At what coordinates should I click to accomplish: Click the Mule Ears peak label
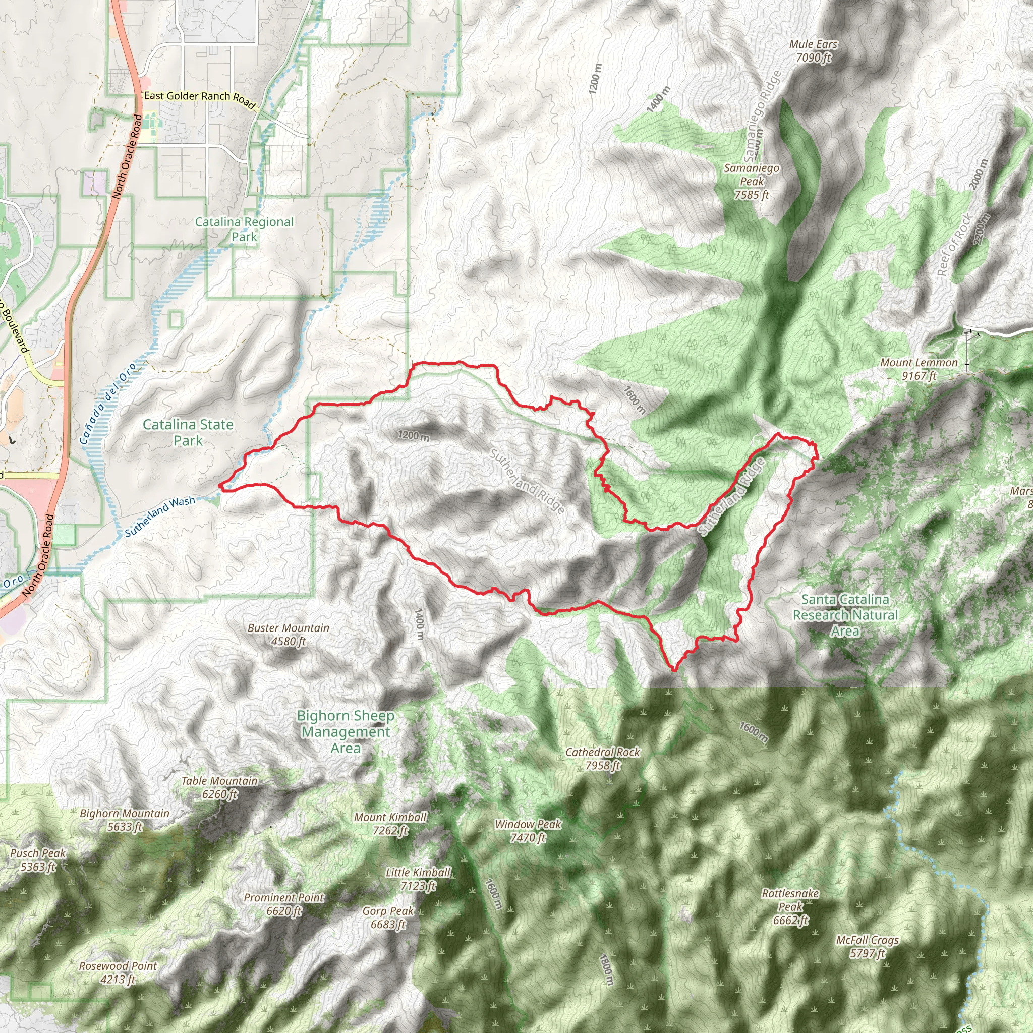(813, 51)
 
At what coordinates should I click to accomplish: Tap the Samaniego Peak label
(751, 181)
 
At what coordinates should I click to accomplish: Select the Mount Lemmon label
(919, 369)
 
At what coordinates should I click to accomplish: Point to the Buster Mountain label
(288, 634)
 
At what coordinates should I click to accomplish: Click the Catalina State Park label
(188, 432)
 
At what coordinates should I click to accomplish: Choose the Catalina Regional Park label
(244, 229)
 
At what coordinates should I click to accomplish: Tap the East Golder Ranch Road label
(199, 98)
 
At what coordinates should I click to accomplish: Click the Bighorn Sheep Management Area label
(346, 731)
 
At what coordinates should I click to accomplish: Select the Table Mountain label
(219, 787)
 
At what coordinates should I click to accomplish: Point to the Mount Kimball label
(390, 823)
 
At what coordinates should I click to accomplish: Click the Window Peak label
(528, 830)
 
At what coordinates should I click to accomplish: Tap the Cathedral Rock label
(603, 758)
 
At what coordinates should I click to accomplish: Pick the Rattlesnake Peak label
(790, 906)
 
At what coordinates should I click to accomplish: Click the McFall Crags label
(867, 946)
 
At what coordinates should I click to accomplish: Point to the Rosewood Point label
(118, 972)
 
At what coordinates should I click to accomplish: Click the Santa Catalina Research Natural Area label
(845, 615)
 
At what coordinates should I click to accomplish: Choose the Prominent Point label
(284, 903)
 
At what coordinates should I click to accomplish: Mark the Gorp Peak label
(388, 917)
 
